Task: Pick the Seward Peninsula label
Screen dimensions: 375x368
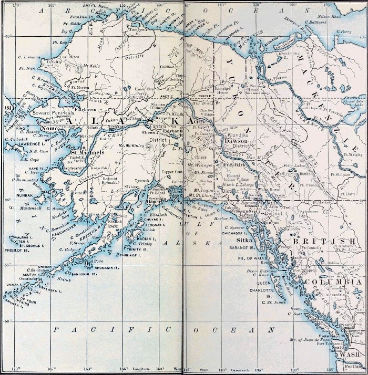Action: tap(51, 112)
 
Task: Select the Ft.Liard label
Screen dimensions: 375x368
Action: tap(350, 193)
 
